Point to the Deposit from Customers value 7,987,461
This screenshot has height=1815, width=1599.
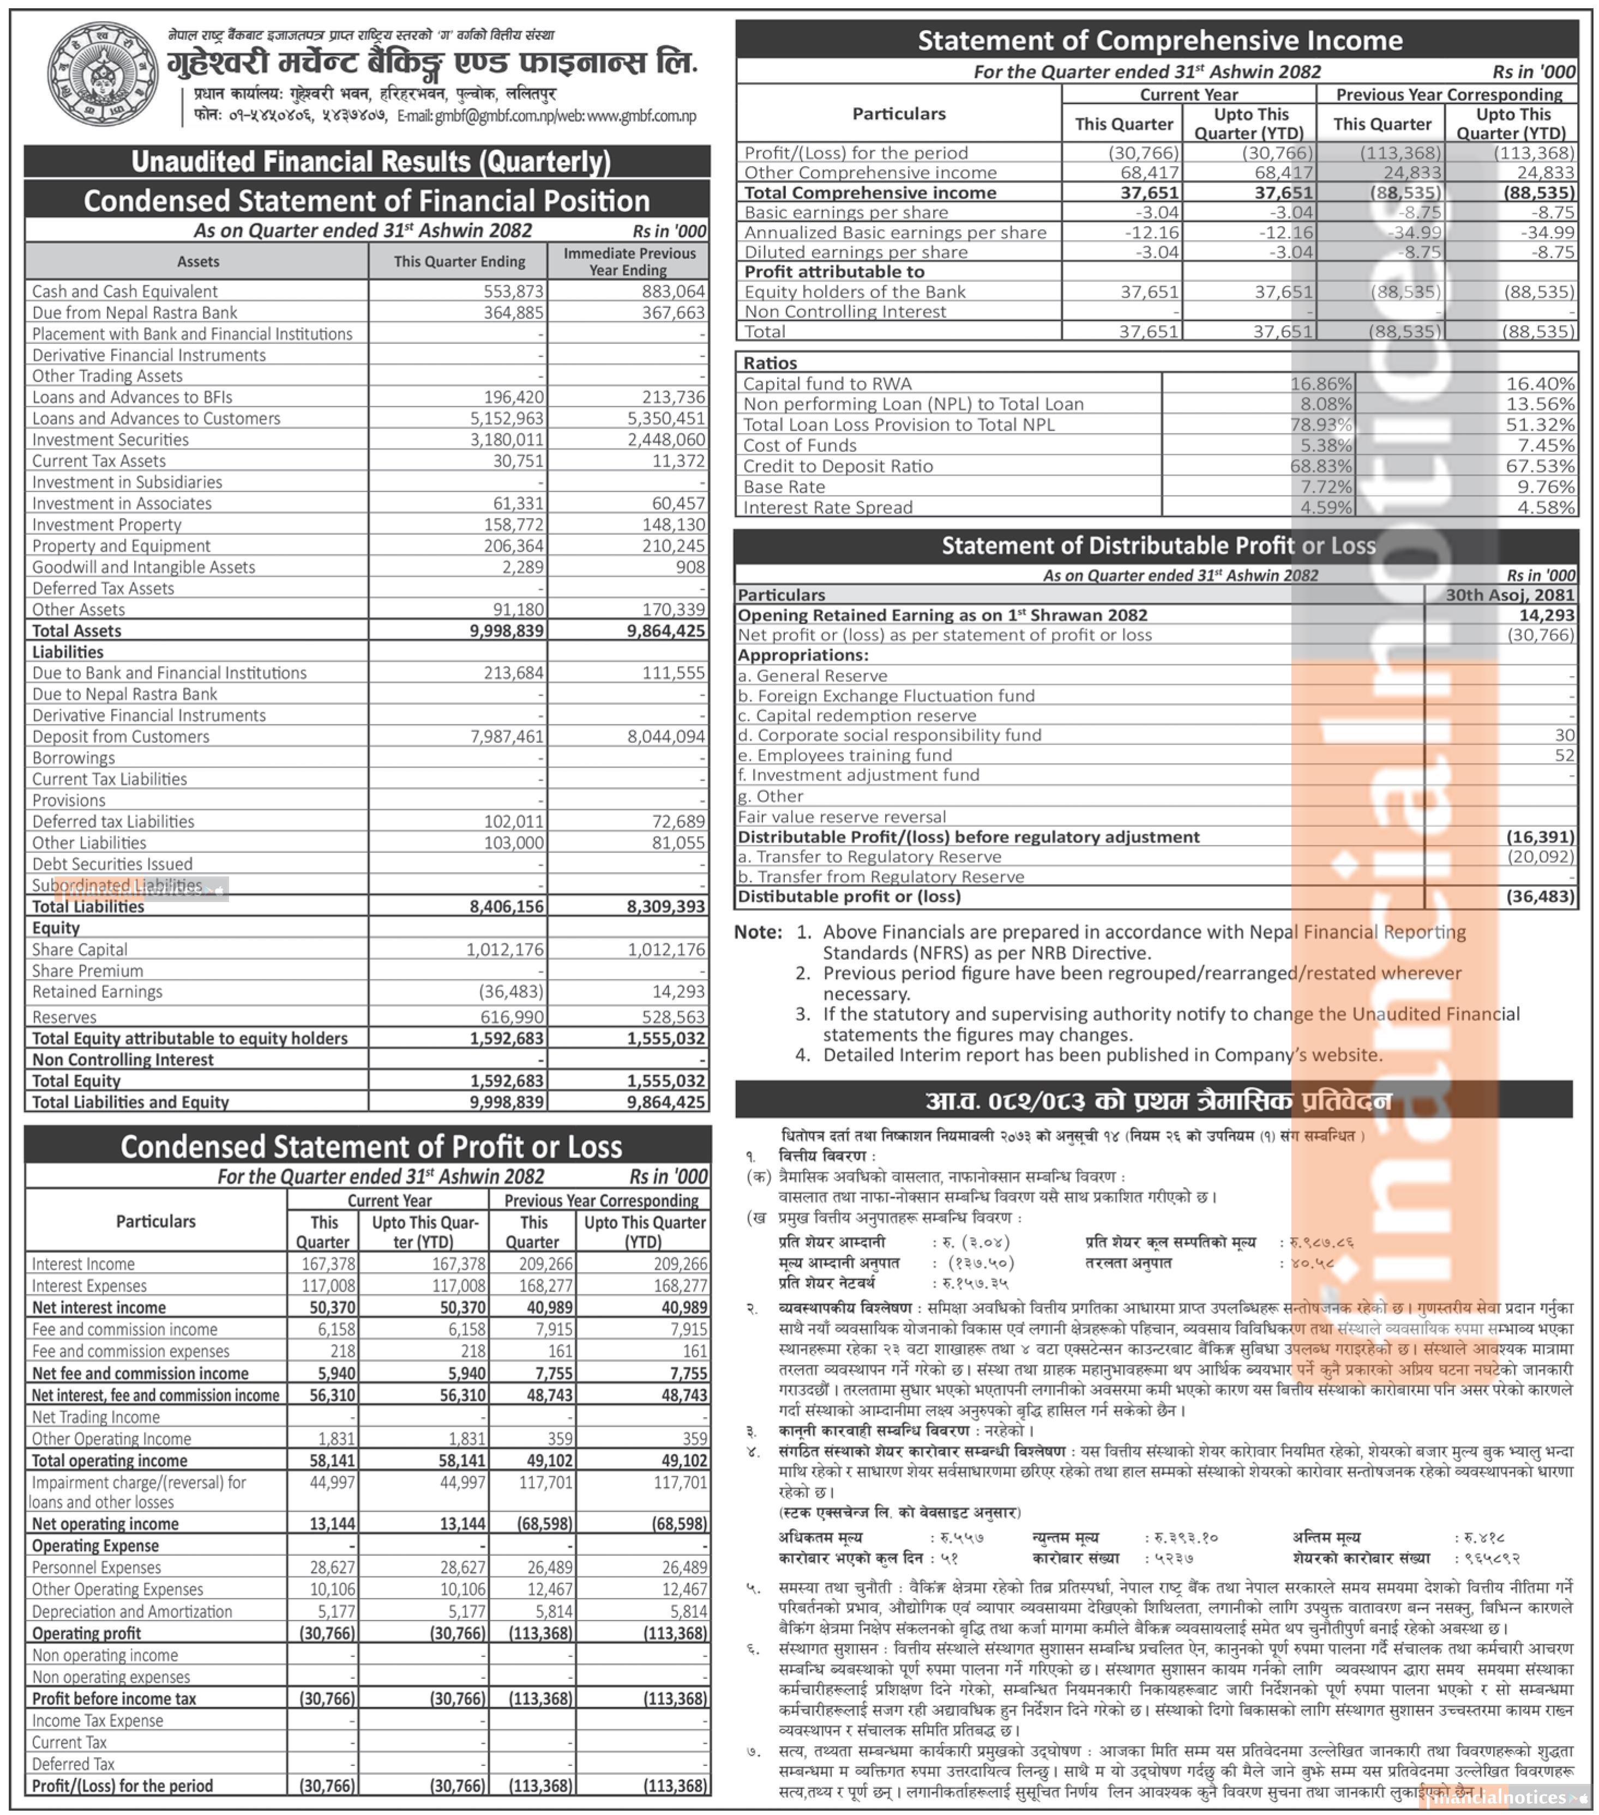[x=506, y=736]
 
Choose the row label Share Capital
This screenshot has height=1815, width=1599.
[x=80, y=949]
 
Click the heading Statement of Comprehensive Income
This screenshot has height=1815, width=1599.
[x=1159, y=41]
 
